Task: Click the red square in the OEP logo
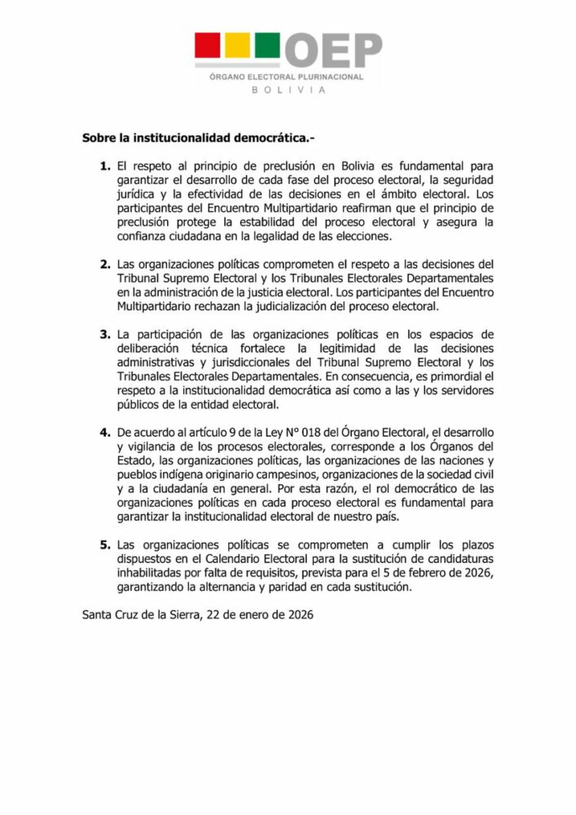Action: [x=207, y=46]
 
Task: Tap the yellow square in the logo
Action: [x=237, y=46]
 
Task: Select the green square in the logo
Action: [x=267, y=46]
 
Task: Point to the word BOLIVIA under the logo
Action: [x=288, y=90]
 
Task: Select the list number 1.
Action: [x=103, y=165]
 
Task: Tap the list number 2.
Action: [x=103, y=265]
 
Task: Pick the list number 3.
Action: [x=103, y=335]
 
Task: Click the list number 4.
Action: [x=103, y=431]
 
